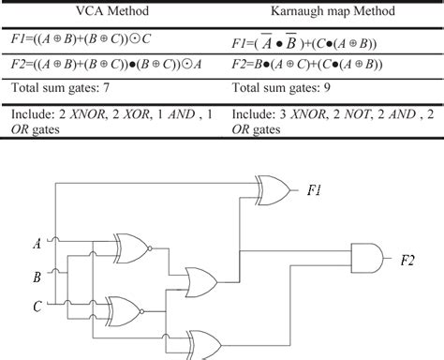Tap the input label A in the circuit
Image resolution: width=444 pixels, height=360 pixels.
tap(37, 245)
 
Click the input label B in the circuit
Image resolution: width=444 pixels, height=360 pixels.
tap(37, 277)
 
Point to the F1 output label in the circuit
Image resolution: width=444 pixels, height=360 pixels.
tap(316, 190)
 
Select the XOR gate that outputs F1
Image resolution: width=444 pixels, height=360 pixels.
tap(274, 191)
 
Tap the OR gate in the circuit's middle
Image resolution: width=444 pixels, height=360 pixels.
tap(201, 279)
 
